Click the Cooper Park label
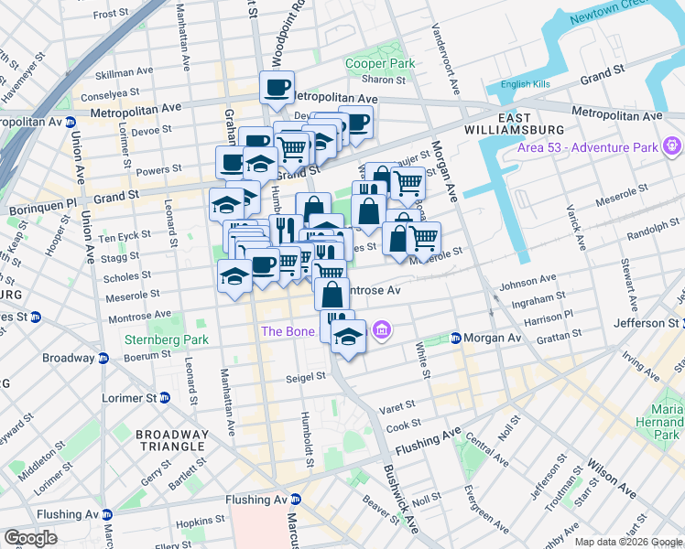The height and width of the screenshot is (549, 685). click(380, 63)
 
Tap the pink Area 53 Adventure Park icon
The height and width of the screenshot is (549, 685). click(673, 145)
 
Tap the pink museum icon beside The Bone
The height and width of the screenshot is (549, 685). click(382, 329)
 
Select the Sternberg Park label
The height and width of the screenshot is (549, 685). click(166, 340)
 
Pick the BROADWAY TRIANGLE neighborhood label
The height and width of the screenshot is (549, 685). click(170, 439)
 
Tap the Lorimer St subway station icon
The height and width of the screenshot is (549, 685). click(164, 398)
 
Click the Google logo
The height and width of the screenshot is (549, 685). click(30, 537)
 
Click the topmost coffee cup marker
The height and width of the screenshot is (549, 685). click(277, 88)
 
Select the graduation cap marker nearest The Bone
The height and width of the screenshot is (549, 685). click(347, 337)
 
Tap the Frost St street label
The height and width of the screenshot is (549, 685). click(110, 14)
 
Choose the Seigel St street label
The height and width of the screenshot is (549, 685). click(306, 375)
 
